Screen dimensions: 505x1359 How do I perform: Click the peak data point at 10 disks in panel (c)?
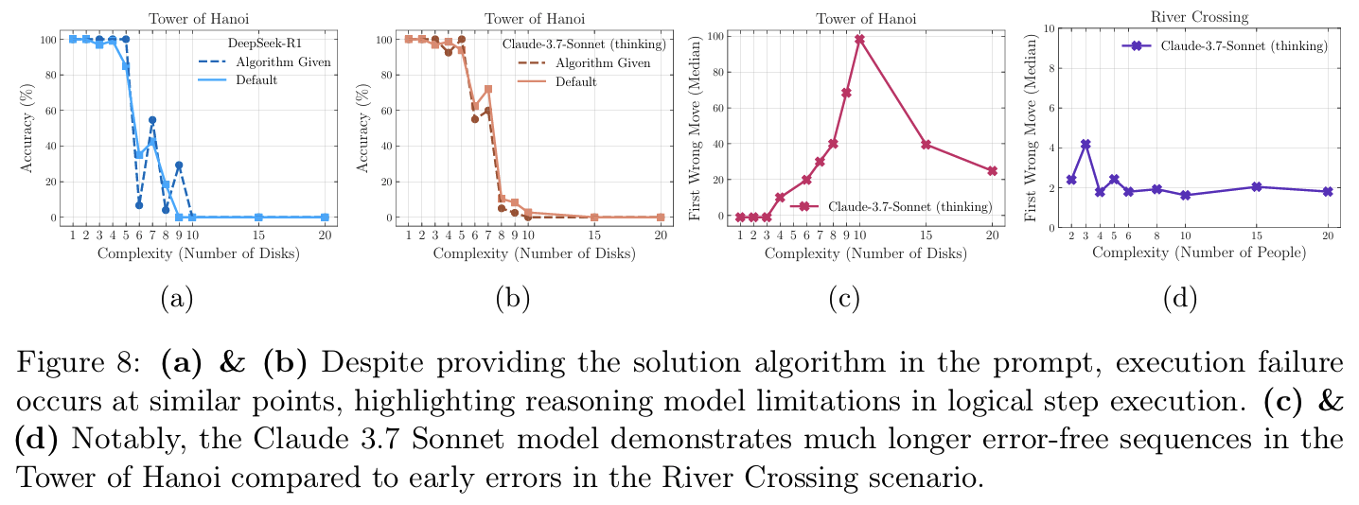click(860, 39)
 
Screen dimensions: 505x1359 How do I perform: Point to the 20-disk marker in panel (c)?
click(992, 171)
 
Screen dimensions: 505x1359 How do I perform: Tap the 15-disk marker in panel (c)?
click(927, 145)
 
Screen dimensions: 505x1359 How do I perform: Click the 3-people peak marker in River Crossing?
click(1085, 145)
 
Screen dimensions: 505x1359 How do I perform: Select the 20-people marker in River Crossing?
click(1327, 191)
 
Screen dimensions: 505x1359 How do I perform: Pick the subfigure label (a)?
click(177, 299)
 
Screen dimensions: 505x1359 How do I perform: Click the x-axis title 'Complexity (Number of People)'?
click(1199, 252)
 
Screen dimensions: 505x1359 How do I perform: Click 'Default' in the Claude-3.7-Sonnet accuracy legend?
click(576, 81)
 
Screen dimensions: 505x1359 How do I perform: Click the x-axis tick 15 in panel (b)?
click(594, 234)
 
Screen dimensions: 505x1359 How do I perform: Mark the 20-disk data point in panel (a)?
click(325, 218)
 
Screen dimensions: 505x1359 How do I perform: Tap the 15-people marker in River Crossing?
click(1257, 187)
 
